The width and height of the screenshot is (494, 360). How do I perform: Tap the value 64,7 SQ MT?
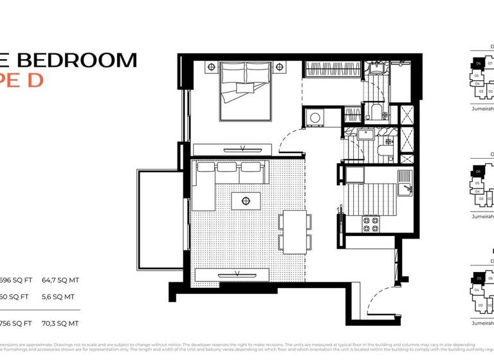click(x=60, y=280)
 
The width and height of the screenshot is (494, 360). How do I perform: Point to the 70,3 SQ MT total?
click(x=60, y=323)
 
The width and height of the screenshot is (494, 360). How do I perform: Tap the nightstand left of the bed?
click(x=210, y=67)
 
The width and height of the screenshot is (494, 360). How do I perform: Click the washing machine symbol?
click(x=315, y=118)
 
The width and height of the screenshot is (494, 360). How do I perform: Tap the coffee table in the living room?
click(x=245, y=201)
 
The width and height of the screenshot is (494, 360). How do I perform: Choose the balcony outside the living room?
click(x=161, y=219)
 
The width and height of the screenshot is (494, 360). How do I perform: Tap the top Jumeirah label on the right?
click(x=482, y=109)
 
